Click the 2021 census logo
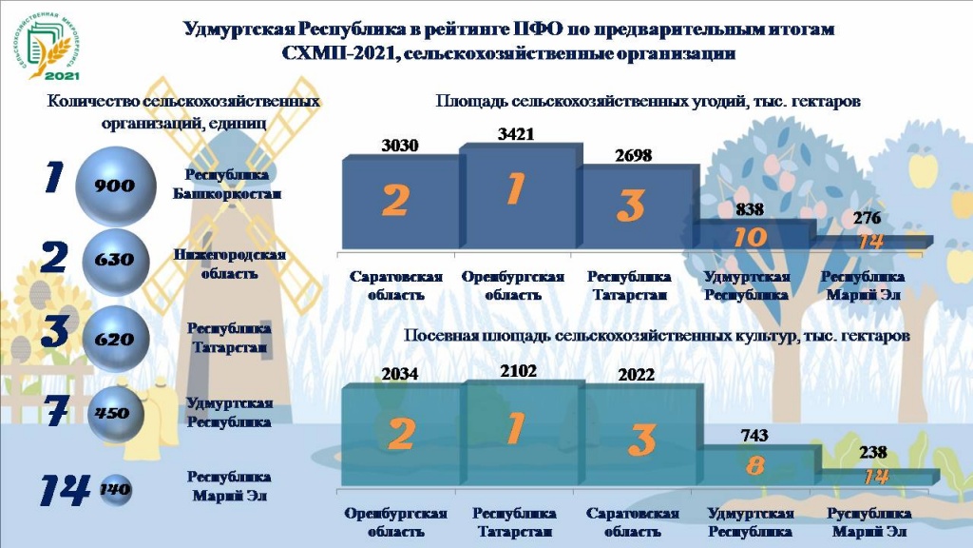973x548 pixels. tap(47, 47)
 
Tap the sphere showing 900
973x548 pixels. tap(115, 186)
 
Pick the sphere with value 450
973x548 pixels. tap(115, 413)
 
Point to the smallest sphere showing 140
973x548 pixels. tap(115, 490)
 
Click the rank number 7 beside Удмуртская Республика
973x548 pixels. tap(56, 411)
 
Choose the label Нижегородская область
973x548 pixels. tap(229, 264)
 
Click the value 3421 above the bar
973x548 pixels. tap(516, 134)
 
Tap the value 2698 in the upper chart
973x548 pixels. tap(633, 155)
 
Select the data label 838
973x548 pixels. tap(750, 209)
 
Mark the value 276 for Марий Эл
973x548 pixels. tap(867, 218)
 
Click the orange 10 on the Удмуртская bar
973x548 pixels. tap(750, 237)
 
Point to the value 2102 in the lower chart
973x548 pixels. tap(518, 371)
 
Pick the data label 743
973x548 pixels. tap(754, 436)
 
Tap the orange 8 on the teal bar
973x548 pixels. tap(754, 465)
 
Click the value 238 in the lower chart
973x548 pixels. tap(872, 452)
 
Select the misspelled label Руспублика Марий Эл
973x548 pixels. tap(868, 522)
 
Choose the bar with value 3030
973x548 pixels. tap(400, 202)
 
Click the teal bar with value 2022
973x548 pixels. tap(639, 434)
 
